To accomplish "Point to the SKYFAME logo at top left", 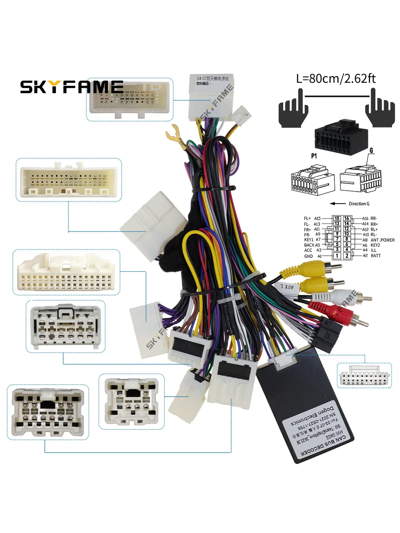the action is (x=72, y=87).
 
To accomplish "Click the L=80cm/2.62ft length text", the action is (x=336, y=78).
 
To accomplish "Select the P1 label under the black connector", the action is (x=314, y=156).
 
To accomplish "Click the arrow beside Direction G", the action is (x=337, y=204).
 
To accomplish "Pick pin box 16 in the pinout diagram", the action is (x=346, y=219).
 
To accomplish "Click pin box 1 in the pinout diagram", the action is (x=337, y=256).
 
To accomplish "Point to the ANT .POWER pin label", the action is (x=382, y=240).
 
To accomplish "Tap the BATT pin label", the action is (x=376, y=256).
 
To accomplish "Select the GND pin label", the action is (x=308, y=256).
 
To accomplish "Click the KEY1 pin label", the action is (x=309, y=240).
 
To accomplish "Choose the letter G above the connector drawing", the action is (x=371, y=150).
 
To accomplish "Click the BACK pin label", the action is (x=309, y=245).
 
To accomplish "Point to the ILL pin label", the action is (x=374, y=250).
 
